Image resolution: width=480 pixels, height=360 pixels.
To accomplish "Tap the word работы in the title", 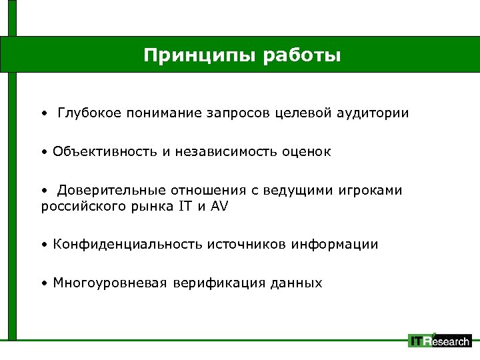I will point(303,55).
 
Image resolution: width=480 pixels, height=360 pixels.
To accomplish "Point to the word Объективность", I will point(105,152).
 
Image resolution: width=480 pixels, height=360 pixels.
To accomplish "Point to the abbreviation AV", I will point(219,206).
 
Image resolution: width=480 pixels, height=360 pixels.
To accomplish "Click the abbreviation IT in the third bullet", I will point(185,206).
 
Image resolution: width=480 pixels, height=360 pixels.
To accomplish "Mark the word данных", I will point(296,283).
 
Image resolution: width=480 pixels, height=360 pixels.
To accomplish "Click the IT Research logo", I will point(439,341).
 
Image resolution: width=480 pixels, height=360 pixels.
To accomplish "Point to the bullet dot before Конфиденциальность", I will point(43,245).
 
